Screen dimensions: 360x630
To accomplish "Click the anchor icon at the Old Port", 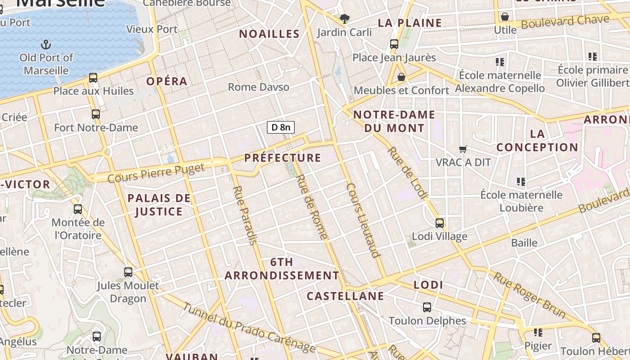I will pos(46,44).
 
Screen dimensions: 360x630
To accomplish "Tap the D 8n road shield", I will pos(281,127).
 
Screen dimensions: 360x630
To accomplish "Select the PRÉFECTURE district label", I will pos(283,158).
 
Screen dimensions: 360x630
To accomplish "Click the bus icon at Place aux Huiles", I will pos(93,78).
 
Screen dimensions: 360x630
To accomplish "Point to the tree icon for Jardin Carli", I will pos(345,19).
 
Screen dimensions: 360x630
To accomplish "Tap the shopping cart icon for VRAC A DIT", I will pos(463,149).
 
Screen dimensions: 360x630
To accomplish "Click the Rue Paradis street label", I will pos(245,215).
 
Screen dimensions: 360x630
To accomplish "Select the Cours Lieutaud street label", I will pos(364,220).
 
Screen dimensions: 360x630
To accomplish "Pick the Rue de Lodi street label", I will pos(407,172).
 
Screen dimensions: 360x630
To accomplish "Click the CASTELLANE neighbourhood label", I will pos(345,296).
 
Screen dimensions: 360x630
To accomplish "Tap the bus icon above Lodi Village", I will pos(440,223).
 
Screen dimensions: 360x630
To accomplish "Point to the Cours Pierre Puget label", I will pos(156,173).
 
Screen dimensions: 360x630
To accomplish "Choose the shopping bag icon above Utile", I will pos(505,17).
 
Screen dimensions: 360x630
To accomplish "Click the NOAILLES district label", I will pos(269,34).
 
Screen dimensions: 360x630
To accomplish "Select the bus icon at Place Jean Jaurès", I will pos(394,44).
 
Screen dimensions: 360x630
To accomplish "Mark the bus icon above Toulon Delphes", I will pos(427,307).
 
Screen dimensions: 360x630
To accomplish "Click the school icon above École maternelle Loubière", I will pos(521,181).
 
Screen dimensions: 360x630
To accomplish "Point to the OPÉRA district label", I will pos(166,81).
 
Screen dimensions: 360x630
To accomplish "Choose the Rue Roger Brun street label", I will pos(529,292).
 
